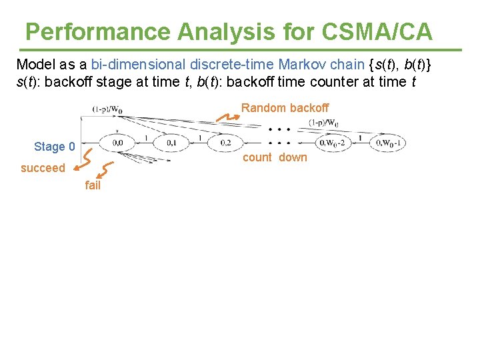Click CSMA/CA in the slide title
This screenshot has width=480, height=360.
click(377, 31)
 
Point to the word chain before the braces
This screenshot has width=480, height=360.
click(347, 65)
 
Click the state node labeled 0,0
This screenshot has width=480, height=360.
click(117, 143)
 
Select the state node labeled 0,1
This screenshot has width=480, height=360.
click(172, 143)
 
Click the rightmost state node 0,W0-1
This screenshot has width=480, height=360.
click(387, 143)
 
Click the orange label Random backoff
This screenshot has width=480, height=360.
click(285, 107)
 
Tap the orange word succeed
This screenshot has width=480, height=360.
click(43, 168)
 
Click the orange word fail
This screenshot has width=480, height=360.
click(93, 185)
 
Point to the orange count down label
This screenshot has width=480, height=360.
click(275, 157)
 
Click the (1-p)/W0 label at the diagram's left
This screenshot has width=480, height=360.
click(107, 109)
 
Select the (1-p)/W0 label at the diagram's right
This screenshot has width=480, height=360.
click(323, 123)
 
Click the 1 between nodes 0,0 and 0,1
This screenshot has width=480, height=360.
click(145, 137)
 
